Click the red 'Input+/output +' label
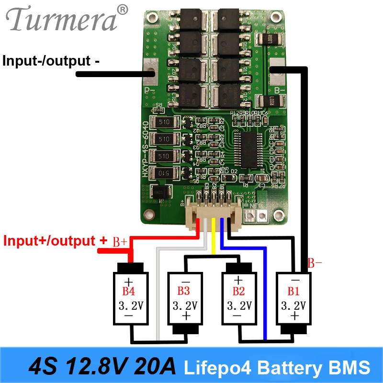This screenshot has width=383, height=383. click(55, 241)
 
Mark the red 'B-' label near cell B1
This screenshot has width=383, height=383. click(315, 262)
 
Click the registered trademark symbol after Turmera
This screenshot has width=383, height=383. click(123, 9)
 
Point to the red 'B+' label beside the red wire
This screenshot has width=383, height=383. click(120, 242)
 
